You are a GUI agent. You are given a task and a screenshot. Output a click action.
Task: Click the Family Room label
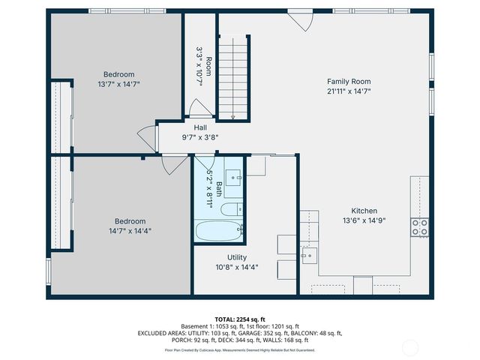(x=349, y=81)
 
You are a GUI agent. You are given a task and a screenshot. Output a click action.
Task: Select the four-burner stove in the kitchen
(x=419, y=226)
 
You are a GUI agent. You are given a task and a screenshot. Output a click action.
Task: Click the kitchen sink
(x=307, y=256)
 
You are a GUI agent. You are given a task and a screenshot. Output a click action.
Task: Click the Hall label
(x=200, y=127)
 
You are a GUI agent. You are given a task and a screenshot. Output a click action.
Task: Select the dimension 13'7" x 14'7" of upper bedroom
(x=119, y=84)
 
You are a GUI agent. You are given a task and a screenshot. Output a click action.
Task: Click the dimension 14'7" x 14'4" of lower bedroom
(x=130, y=231)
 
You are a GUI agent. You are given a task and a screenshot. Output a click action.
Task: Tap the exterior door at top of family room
(x=300, y=20)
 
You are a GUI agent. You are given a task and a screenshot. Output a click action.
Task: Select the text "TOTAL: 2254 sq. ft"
(x=239, y=319)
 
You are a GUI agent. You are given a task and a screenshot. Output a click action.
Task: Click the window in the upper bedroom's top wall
(x=115, y=10)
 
